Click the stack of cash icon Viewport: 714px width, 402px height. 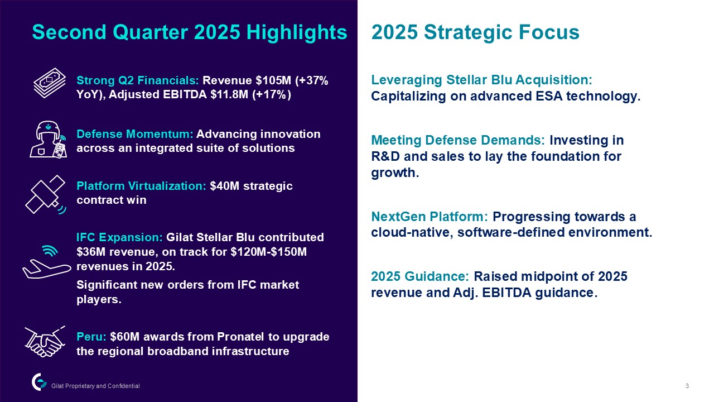[50, 83]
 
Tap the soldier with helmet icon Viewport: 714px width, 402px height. [48, 140]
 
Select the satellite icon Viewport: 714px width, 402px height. [46, 194]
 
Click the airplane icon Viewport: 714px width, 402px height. [47, 262]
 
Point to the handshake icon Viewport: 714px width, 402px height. [45, 341]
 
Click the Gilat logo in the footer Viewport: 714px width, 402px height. [39, 382]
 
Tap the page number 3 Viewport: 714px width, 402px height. [687, 386]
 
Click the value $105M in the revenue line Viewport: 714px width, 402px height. [273, 80]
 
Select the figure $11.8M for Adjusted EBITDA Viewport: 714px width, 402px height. [229, 95]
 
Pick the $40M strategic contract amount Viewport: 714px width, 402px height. [224, 186]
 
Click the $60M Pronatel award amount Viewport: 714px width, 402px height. [124, 337]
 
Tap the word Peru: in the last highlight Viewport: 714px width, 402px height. [91, 337]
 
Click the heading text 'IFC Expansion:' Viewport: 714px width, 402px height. [119, 237]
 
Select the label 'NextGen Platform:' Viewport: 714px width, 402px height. [430, 217]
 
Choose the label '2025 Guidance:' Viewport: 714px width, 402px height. [420, 276]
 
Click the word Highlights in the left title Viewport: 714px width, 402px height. [296, 33]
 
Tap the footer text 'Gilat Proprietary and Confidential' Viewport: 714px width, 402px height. [95, 386]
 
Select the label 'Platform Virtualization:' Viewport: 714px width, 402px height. [141, 186]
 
